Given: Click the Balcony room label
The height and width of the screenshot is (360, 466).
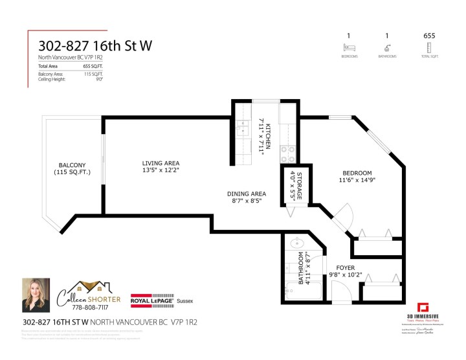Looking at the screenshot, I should pos(72,168).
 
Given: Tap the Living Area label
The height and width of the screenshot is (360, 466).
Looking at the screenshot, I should pos(161,167).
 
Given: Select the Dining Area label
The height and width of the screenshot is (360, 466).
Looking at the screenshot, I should pos(247,197).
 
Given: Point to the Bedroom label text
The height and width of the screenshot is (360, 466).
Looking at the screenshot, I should pos(357,176).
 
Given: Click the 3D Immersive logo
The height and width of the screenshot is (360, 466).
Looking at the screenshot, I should pos(423,309).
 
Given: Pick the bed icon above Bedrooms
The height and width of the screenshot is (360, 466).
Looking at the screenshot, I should pos(349,47).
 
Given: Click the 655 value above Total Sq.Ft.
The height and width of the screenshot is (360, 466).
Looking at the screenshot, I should pos(428,36).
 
